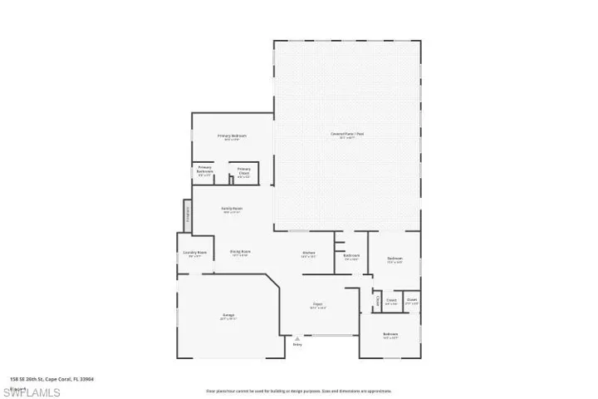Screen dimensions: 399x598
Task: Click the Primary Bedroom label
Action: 232,135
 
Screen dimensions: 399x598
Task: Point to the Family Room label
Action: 232,209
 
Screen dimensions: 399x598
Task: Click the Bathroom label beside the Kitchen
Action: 351,255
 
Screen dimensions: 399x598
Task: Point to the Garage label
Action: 228,315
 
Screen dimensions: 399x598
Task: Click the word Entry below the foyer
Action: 297,344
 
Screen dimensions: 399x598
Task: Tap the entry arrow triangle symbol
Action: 297,338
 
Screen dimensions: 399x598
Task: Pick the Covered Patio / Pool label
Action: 347,134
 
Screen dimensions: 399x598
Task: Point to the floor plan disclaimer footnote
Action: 298,390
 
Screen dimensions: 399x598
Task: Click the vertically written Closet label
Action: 376,300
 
